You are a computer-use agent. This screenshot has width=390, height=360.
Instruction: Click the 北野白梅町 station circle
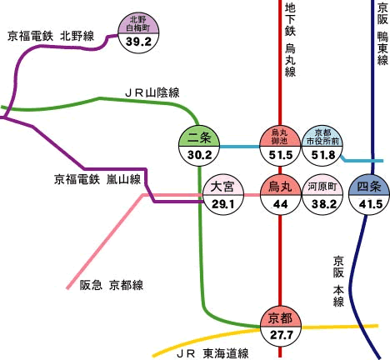tap(138, 33)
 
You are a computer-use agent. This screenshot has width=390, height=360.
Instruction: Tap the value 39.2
tap(138, 42)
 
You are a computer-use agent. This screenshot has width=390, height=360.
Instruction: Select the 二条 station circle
tap(199, 146)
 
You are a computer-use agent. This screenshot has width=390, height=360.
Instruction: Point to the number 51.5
tap(281, 155)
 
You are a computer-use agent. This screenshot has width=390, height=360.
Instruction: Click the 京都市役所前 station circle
tap(322, 146)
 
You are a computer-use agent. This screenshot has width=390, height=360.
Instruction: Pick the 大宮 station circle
tap(223, 195)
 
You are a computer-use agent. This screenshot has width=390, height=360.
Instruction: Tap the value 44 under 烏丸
tap(280, 204)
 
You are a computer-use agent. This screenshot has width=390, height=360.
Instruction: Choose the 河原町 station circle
tap(322, 195)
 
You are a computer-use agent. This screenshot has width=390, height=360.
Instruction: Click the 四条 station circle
tap(369, 195)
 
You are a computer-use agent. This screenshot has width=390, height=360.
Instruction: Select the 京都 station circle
tap(281, 327)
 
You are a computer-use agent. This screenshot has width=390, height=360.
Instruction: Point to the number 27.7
tap(282, 335)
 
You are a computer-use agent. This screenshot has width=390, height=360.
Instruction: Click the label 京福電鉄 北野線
tap(51, 37)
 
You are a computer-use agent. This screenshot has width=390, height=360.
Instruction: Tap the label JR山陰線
tap(152, 92)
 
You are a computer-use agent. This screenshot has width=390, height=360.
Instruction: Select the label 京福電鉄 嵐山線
tap(97, 179)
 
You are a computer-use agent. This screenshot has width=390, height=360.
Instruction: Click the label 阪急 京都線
tap(112, 285)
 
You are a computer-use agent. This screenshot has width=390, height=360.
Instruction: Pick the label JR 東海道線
tap(212, 353)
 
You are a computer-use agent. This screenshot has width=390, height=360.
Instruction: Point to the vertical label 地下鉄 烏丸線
tap(290, 41)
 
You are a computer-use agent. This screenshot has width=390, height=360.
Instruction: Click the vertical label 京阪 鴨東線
tap(382, 34)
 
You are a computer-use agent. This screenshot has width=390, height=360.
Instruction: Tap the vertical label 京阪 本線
tap(338, 281)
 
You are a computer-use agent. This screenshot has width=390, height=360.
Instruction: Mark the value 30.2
tap(200, 155)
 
